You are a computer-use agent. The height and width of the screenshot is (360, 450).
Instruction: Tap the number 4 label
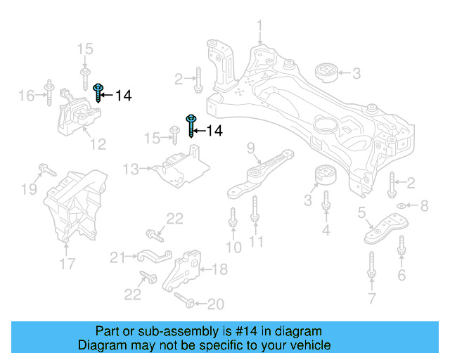point(326,230)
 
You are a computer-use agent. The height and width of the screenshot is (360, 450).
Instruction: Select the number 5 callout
point(361,212)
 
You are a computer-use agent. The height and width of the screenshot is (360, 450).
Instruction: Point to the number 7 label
point(371,300)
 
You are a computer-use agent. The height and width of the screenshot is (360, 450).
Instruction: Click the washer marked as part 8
point(401,206)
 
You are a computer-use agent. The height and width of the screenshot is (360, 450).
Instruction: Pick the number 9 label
point(250,148)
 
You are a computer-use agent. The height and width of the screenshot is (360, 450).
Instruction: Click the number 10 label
point(233,247)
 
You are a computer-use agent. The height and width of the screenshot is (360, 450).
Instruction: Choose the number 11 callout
point(256,242)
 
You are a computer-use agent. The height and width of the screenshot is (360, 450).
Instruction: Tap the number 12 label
point(97,144)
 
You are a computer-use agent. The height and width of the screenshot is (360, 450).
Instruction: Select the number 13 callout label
point(131,169)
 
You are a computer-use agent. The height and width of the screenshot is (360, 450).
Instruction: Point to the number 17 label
point(66,265)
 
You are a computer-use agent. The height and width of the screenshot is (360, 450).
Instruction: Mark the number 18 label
point(219,269)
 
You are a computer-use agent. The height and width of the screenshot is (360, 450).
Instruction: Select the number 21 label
point(117,256)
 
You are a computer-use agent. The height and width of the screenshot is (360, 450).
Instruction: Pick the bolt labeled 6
point(401,247)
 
